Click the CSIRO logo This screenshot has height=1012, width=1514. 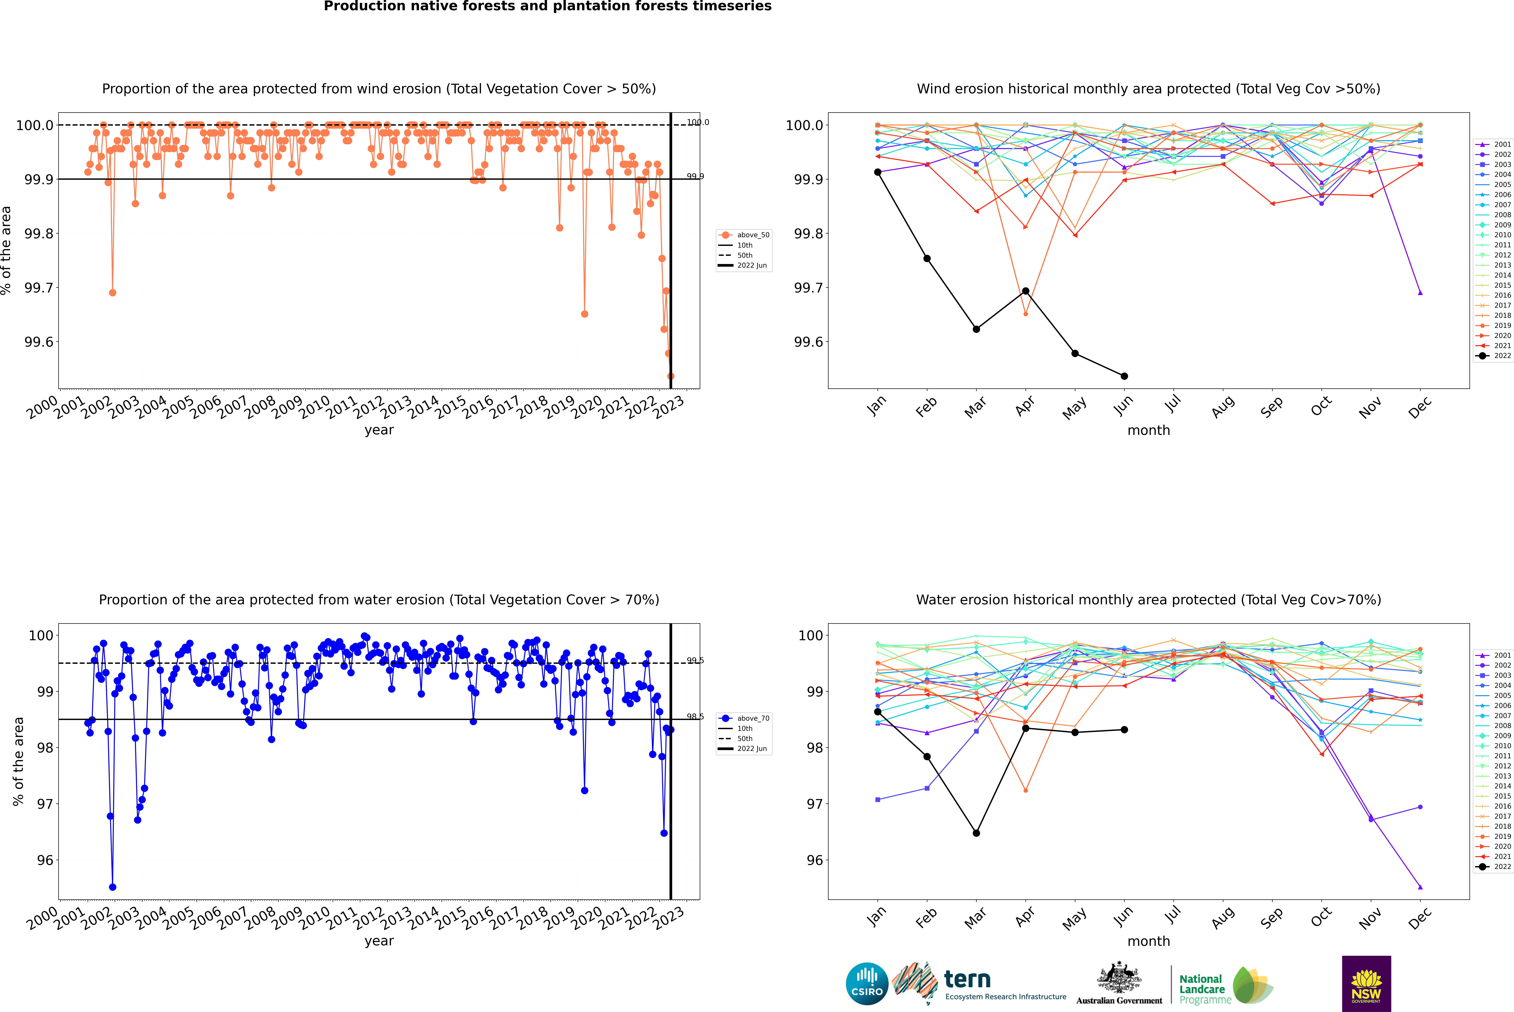click(867, 984)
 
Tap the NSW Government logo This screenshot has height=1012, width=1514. click(1366, 984)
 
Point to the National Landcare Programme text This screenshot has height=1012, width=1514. click(1202, 989)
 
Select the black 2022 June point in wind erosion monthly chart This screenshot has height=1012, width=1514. click(1124, 376)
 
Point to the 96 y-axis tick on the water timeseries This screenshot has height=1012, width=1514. click(45, 860)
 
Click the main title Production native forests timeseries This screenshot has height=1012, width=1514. click(547, 6)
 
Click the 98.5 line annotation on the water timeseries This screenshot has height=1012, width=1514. click(695, 716)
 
